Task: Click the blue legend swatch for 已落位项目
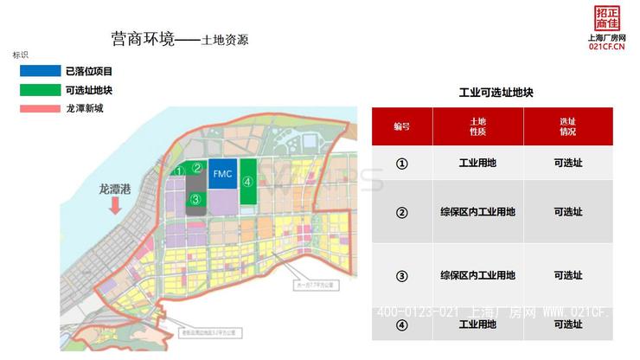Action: [40, 71]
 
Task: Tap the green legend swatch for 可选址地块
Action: [40, 90]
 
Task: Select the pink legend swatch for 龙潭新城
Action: [40, 109]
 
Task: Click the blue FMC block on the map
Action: [223, 173]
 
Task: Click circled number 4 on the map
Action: [247, 182]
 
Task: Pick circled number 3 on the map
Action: [196, 199]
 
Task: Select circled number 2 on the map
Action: [197, 168]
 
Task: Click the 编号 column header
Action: [402, 126]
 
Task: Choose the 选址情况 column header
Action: [567, 126]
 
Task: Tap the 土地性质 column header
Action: [477, 126]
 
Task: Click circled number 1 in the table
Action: [402, 163]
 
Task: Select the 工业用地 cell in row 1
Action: [477, 163]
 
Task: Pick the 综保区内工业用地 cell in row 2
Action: [477, 212]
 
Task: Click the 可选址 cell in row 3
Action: [567, 275]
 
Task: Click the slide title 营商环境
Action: [143, 40]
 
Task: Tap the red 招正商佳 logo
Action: [607, 17]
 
